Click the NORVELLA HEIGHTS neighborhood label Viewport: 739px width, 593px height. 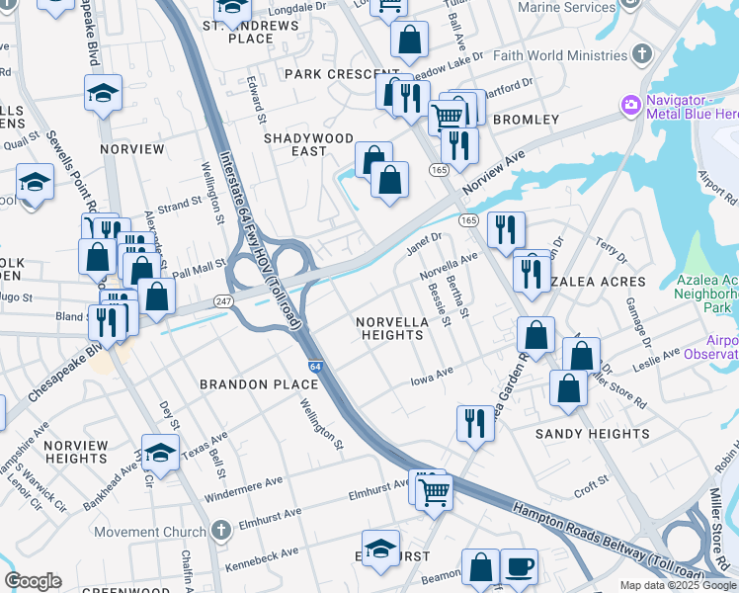[392, 328]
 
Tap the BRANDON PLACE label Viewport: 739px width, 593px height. [247, 383]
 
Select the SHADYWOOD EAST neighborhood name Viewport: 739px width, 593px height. [308, 144]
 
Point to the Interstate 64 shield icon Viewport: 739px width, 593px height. [313, 366]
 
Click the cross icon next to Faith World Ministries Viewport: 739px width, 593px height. [642, 52]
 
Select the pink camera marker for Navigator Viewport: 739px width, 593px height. [629, 104]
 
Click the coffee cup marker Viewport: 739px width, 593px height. [520, 567]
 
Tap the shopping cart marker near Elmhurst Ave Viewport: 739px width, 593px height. [435, 490]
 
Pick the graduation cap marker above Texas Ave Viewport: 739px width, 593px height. [158, 453]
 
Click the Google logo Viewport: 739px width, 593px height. [32, 581]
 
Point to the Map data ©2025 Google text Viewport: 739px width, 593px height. [677, 585]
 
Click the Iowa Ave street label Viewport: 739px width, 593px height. [432, 375]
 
